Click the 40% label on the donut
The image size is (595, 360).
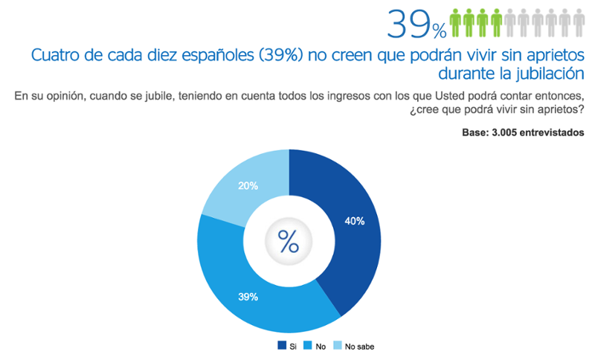(354, 220)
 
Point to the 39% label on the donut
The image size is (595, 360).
(248, 297)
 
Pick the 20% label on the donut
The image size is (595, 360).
(248, 186)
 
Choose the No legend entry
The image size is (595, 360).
(315, 345)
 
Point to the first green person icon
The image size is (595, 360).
(456, 23)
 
